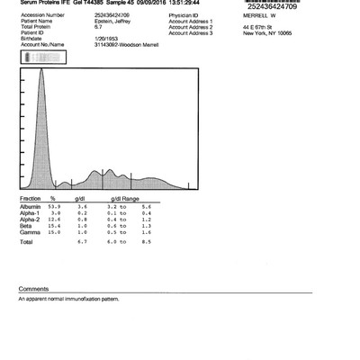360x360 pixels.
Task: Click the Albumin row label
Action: coord(31,206)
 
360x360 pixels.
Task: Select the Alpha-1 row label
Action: coord(31,212)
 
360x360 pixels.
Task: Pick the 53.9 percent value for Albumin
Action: coord(56,206)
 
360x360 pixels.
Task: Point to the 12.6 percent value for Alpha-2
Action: coord(56,218)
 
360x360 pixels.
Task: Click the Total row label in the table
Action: coord(27,241)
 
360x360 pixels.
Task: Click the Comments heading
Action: coord(31,289)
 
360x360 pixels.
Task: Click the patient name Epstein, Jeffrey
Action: coord(111,21)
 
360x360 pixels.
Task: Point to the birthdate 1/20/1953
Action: coord(105,37)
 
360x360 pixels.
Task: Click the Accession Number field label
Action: coord(43,15)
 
